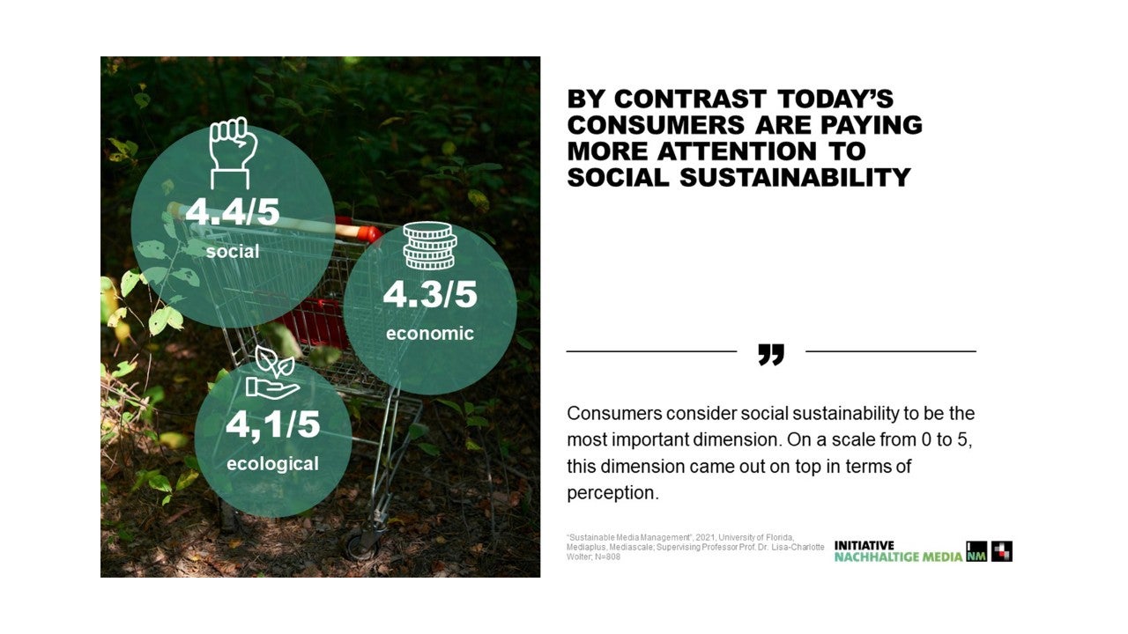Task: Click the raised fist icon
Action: tap(234, 153)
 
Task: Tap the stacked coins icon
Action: tap(429, 246)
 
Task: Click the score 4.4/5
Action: tap(232, 212)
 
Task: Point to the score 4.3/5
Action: tap(429, 294)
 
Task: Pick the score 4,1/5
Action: tap(272, 425)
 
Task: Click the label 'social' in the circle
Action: tap(233, 251)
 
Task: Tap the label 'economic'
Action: tap(429, 333)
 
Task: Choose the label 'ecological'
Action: tap(272, 464)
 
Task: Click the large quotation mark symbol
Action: tap(771, 355)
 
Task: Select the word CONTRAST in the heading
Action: tap(690, 99)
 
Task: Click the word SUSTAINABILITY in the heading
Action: tap(795, 178)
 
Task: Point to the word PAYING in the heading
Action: tap(872, 125)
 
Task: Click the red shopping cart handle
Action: tap(359, 230)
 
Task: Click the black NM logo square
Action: tap(976, 551)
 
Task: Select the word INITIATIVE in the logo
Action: tap(865, 545)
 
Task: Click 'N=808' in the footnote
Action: tap(608, 557)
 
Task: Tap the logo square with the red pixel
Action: tap(1002, 551)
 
